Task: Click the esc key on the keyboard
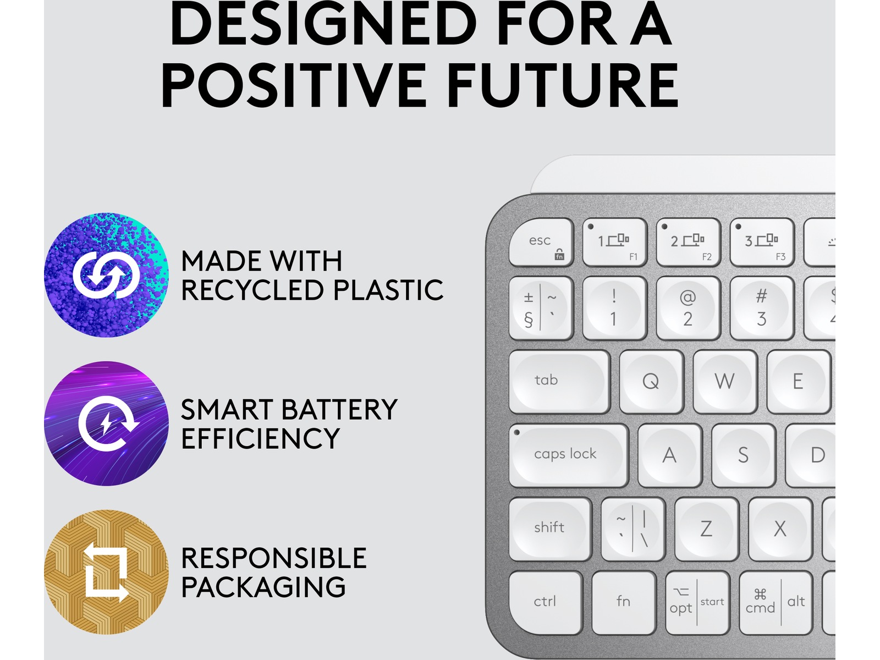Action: tap(541, 243)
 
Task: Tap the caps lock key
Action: tap(569, 455)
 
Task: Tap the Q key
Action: tap(652, 382)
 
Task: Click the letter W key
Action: tap(725, 382)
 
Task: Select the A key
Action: tap(670, 455)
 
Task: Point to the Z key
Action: tap(707, 529)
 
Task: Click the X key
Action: tap(780, 529)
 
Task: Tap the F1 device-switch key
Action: tap(614, 243)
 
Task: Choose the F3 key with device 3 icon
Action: tap(762, 243)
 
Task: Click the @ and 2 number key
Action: tap(689, 308)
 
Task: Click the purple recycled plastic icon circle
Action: tap(106, 275)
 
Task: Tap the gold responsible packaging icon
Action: tap(106, 572)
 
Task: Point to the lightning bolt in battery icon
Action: tap(106, 424)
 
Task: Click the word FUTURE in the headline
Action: tap(562, 85)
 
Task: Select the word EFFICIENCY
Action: tap(261, 438)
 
